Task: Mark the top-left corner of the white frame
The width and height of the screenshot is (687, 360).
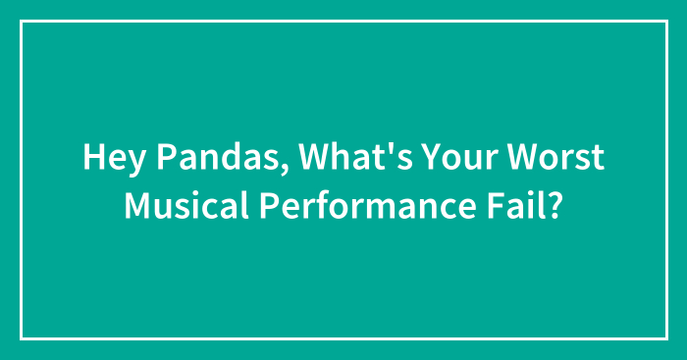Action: pos(22,22)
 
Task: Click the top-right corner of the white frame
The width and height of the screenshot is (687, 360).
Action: pos(665,22)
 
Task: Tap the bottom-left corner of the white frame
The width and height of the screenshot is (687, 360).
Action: pos(22,338)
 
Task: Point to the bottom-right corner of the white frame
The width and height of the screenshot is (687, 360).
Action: pos(665,338)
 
